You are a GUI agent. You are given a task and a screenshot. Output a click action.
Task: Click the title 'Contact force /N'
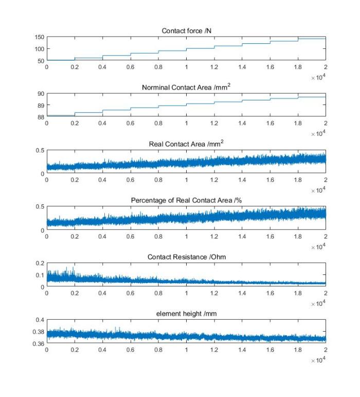[x=186, y=31]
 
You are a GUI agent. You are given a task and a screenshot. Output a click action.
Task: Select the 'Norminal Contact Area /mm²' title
[x=186, y=87]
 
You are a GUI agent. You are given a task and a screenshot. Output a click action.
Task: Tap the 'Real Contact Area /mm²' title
[x=186, y=144]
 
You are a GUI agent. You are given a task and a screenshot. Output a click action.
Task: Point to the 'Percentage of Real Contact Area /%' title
[x=186, y=200]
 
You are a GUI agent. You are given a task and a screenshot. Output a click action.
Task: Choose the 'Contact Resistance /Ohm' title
[x=187, y=257]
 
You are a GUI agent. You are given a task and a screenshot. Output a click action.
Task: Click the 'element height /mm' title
[x=186, y=314]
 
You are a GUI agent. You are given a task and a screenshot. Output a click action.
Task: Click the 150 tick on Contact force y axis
[x=40, y=37]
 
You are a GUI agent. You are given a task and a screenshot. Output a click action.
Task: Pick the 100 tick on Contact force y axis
[x=40, y=49]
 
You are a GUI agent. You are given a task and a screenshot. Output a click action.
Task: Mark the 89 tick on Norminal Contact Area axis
[x=41, y=106]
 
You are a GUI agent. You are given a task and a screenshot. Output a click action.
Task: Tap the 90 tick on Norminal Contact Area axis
[x=41, y=94]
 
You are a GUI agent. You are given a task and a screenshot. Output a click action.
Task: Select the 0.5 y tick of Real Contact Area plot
[x=40, y=150]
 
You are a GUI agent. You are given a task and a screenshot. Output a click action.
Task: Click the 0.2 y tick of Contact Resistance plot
[x=40, y=263]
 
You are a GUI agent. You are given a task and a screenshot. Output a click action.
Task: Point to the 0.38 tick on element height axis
[x=39, y=332]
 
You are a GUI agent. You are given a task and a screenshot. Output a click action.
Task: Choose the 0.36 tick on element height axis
[x=39, y=343]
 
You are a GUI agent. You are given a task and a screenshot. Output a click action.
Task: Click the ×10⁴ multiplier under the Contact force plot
[x=318, y=77]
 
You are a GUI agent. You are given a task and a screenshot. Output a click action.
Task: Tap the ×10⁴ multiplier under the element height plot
[x=318, y=359]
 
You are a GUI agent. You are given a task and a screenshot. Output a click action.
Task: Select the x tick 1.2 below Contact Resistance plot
[x=214, y=293]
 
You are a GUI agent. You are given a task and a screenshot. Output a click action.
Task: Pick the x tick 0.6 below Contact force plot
[x=131, y=67]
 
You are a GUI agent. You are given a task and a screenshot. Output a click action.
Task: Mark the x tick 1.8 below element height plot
[x=298, y=350]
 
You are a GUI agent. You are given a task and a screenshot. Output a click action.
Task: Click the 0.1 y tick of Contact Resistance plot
[x=40, y=275]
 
